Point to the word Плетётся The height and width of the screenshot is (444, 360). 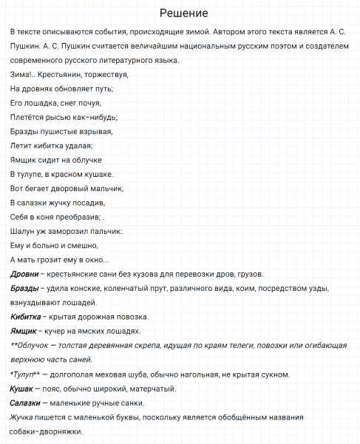[27, 116]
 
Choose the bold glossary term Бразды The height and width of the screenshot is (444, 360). [25, 289]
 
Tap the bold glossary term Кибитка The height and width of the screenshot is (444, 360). [27, 317]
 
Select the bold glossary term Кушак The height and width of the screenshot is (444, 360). [22, 388]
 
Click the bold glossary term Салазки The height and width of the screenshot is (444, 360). [27, 403]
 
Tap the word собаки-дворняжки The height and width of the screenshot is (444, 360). [46, 431]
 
